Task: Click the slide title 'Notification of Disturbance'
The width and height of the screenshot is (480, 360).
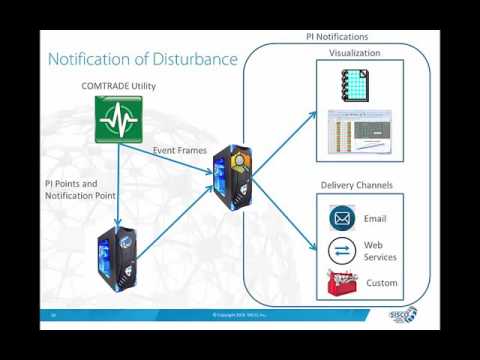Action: click(143, 60)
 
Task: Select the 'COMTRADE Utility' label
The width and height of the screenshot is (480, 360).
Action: click(118, 87)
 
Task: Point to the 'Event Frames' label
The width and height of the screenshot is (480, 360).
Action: click(180, 151)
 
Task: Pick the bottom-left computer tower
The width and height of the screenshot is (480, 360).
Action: click(118, 262)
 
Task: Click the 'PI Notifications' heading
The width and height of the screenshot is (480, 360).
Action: click(337, 37)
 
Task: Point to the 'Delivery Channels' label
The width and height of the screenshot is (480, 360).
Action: click(357, 185)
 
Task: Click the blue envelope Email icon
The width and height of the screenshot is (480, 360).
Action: click(343, 218)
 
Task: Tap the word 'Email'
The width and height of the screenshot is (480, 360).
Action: click(375, 218)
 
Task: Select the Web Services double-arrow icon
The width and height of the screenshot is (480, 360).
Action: click(343, 250)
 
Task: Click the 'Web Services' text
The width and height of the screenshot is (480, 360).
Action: click(379, 251)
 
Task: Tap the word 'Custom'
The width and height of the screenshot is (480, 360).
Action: click(382, 283)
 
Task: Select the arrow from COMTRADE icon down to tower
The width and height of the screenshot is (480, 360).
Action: click(118, 185)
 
